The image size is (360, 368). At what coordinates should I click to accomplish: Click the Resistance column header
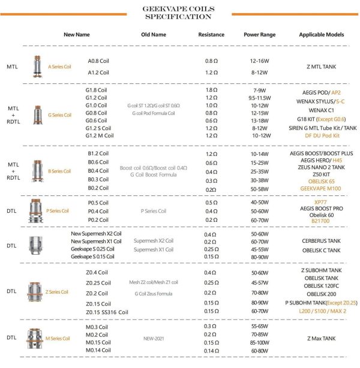[211, 35]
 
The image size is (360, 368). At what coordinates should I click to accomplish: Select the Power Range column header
[259, 35]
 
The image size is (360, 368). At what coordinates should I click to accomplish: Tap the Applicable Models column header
[322, 35]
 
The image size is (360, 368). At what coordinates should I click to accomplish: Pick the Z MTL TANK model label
[322, 67]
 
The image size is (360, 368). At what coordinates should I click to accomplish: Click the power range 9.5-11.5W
[259, 97]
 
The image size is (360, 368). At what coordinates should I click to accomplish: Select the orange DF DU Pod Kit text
[322, 135]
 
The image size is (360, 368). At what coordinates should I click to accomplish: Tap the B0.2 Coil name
[98, 188]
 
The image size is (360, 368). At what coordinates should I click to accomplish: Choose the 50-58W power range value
[259, 188]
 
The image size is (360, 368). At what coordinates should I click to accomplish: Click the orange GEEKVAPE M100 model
[322, 188]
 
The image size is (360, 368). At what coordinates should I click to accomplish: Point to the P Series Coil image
[35, 211]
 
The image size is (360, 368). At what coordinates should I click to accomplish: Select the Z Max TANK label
[322, 338]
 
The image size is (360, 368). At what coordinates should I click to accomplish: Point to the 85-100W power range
[259, 342]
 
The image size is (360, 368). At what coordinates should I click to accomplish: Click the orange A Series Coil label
[59, 67]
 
